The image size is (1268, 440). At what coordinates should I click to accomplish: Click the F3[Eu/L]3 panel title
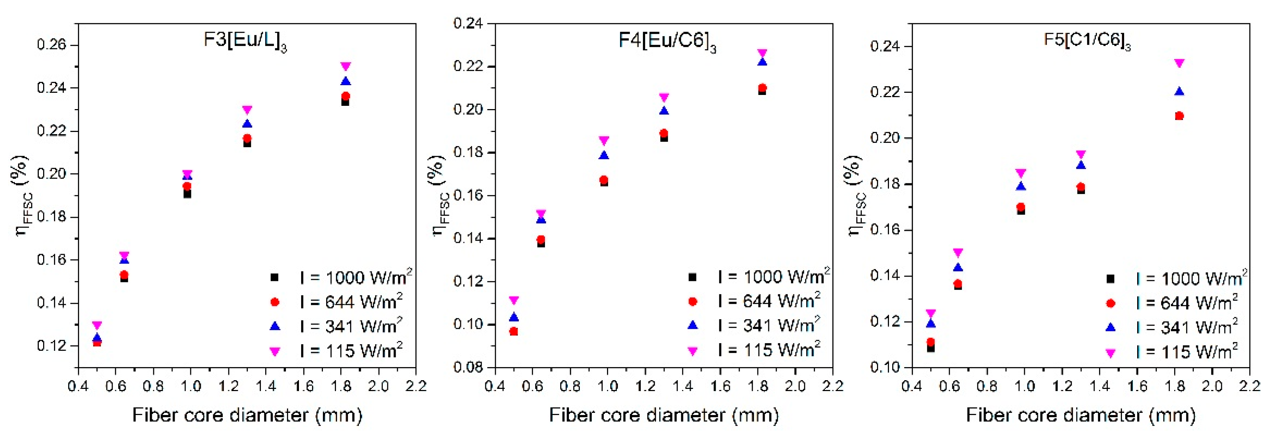tap(245, 40)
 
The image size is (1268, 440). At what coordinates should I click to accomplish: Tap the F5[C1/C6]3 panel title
tap(1087, 40)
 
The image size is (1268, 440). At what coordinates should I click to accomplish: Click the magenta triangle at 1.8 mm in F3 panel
tap(346, 66)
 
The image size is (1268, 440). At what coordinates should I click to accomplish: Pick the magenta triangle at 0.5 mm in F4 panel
tap(514, 300)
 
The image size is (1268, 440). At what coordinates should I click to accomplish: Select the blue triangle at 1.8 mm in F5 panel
tap(1179, 92)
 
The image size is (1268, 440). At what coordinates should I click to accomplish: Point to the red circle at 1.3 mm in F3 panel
tap(247, 138)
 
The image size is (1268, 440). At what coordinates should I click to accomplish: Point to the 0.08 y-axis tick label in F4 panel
tap(468, 367)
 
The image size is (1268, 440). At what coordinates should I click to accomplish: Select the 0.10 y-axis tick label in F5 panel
tap(885, 367)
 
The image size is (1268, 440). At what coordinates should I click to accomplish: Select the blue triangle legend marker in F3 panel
tap(275, 326)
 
